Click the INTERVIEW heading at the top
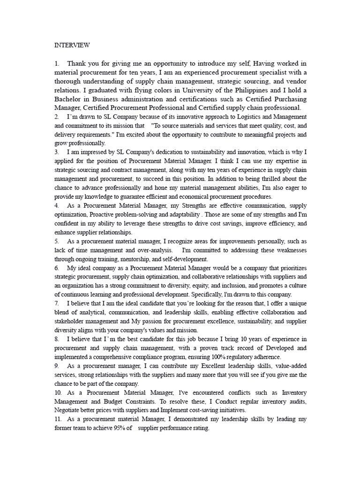tap(72, 45)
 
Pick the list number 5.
tap(56, 241)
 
